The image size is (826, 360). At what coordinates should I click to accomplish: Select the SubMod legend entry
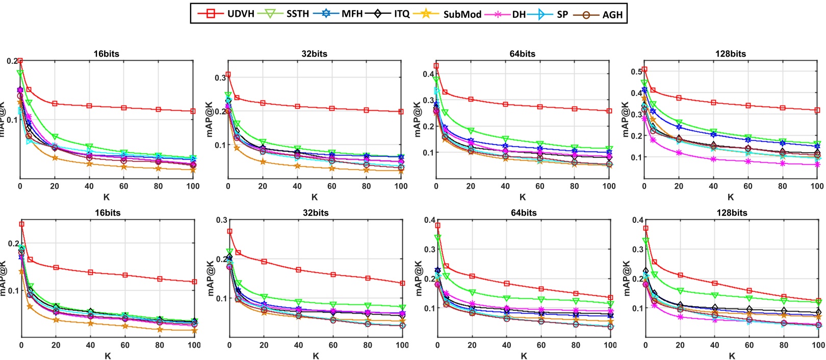tap(462, 14)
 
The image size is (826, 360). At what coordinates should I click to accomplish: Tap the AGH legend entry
tap(612, 14)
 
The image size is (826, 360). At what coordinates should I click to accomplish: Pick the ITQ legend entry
tap(402, 14)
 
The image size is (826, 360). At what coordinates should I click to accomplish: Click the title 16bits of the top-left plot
tap(106, 54)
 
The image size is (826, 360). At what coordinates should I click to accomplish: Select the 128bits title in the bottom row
tap(732, 213)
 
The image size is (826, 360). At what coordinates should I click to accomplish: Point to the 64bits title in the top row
tap(522, 54)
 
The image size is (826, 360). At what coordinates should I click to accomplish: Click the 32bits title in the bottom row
tap(316, 213)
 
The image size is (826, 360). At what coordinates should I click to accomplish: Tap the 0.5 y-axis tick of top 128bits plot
tap(636, 71)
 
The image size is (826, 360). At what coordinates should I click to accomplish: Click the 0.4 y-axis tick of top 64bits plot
tap(428, 74)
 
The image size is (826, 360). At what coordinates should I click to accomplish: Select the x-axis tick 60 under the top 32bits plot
tap(332, 186)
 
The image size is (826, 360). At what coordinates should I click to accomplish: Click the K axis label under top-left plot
tap(106, 197)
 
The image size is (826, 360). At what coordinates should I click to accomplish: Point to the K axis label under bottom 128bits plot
tap(732, 356)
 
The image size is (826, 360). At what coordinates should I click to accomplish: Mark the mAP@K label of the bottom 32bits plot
tap(211, 278)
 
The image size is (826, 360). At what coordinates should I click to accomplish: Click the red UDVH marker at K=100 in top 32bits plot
tap(401, 112)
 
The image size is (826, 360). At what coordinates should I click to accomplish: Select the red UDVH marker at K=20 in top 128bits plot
tap(679, 98)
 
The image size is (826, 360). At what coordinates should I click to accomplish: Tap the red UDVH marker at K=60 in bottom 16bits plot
tap(125, 275)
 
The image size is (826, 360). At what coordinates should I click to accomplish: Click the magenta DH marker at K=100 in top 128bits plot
tap(817, 165)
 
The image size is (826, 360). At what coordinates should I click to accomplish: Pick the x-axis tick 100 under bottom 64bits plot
tap(610, 345)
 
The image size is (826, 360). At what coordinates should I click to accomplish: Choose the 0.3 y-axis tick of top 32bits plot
tap(220, 78)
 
